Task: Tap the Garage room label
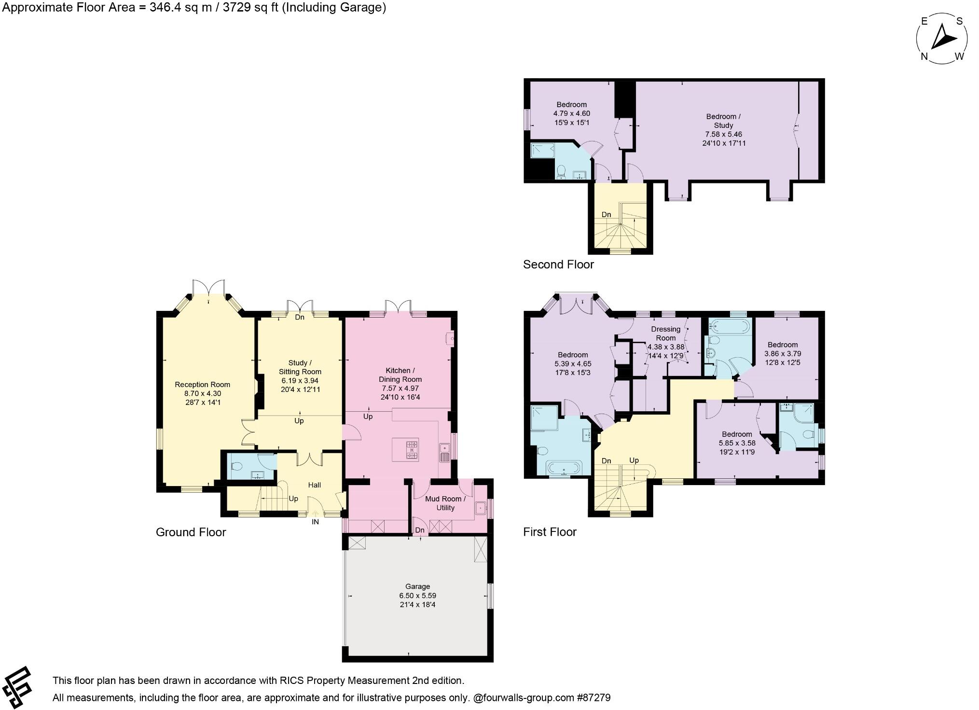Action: coord(417,586)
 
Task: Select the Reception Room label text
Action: coord(202,385)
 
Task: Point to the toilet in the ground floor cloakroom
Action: coord(236,467)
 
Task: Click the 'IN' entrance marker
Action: coord(315,522)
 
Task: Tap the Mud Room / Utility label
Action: coord(445,503)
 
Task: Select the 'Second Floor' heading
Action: coord(558,265)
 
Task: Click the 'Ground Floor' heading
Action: coord(191,532)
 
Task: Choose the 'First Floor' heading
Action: coord(550,532)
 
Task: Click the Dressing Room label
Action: coord(665,334)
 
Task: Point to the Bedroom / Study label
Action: coord(723,121)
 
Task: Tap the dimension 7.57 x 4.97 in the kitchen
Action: coord(400,388)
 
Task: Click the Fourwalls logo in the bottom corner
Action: coord(16,688)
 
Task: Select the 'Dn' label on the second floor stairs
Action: coord(606,214)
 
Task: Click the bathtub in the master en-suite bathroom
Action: coord(564,468)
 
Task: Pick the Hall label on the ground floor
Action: coord(314,485)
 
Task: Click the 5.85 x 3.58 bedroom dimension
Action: coord(737,443)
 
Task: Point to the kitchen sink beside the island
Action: coord(444,453)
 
